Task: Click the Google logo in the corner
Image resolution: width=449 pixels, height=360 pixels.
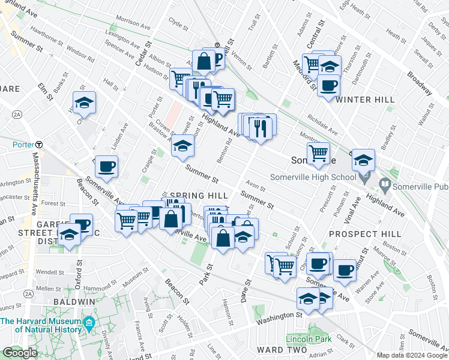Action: (x=20, y=353)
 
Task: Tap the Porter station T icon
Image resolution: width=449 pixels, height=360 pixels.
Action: (x=38, y=144)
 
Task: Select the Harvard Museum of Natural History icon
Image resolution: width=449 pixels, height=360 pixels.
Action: (x=89, y=325)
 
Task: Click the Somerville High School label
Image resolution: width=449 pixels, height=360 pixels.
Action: (x=313, y=176)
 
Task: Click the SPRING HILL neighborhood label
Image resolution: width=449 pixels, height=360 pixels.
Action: (x=198, y=196)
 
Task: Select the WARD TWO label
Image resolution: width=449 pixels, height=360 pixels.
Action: (x=277, y=349)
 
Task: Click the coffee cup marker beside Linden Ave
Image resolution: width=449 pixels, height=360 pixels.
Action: (x=106, y=167)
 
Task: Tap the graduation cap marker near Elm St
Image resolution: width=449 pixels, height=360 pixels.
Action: (x=84, y=103)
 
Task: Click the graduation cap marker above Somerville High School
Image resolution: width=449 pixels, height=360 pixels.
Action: (x=363, y=160)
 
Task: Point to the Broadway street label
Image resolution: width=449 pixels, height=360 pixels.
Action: (x=420, y=83)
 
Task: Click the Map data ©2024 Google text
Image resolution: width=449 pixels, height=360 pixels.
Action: (x=412, y=355)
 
